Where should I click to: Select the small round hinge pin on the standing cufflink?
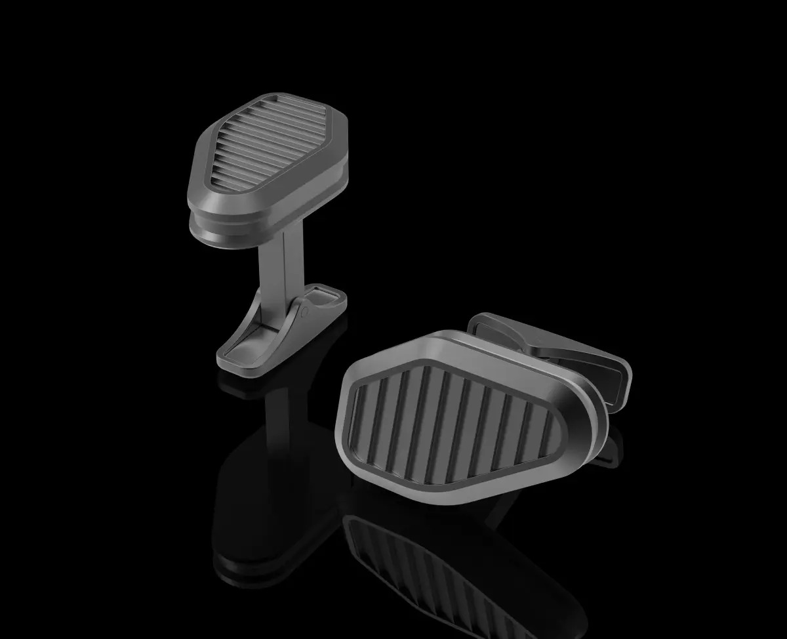[x=304, y=313]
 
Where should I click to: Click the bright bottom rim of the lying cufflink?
[x=459, y=499]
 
